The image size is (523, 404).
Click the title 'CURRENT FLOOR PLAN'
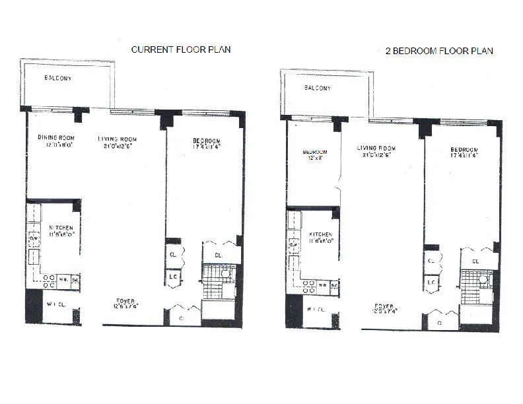(x=181, y=50)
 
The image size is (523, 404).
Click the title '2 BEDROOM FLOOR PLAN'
(x=439, y=50)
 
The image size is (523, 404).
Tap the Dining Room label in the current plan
(x=53, y=138)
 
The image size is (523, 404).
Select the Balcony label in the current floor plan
(x=58, y=79)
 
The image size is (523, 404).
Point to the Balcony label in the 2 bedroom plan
(x=318, y=87)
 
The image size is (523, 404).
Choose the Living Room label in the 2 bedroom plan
(x=376, y=148)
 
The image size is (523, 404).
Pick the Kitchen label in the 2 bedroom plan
(x=320, y=234)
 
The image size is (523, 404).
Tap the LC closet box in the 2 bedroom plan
(x=431, y=283)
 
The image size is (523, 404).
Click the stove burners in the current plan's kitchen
(x=49, y=282)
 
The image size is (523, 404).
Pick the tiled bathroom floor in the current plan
(x=213, y=283)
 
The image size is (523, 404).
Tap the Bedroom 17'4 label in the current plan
(x=204, y=141)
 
